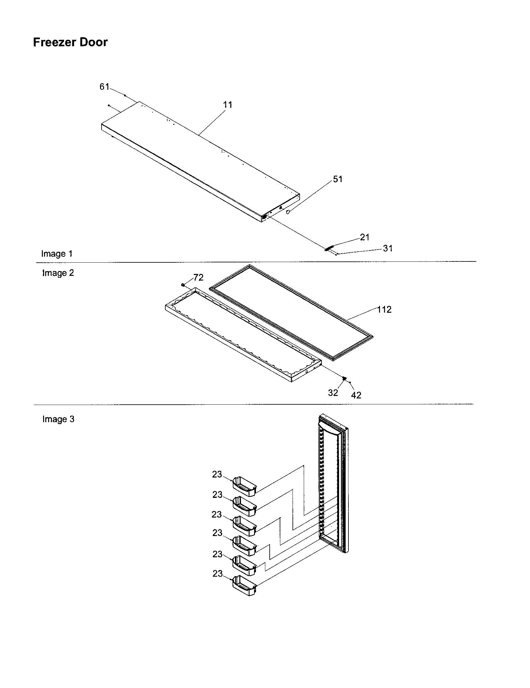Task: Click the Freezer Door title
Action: (x=70, y=42)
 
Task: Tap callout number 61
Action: (x=104, y=87)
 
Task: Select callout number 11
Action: (x=227, y=105)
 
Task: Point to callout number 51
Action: (x=337, y=179)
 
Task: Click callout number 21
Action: (x=364, y=237)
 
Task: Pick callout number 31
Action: (x=388, y=249)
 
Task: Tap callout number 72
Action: (x=198, y=277)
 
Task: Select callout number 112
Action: (x=384, y=310)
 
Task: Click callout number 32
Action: (x=333, y=393)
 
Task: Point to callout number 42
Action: (x=356, y=395)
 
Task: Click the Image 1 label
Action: (x=57, y=254)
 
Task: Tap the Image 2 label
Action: (x=58, y=273)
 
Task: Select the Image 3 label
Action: (x=58, y=419)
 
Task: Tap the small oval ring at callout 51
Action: (x=287, y=212)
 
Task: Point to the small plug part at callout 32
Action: (x=344, y=378)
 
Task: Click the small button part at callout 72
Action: (x=183, y=285)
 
